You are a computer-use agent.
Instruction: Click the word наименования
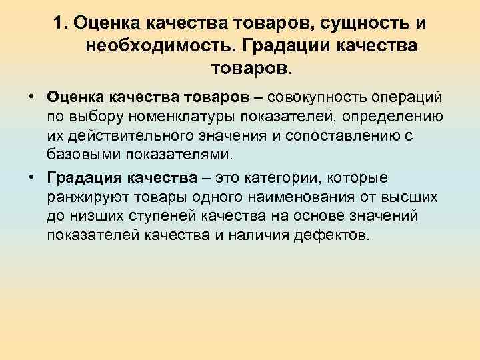pyautogui.click(x=299, y=197)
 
